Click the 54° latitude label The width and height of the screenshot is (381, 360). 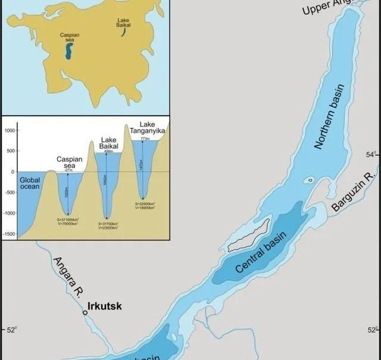click(x=371, y=155)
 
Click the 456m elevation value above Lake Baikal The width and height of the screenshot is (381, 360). click(x=108, y=151)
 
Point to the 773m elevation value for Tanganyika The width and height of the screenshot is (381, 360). click(x=145, y=138)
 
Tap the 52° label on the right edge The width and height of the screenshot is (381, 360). click(x=372, y=330)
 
